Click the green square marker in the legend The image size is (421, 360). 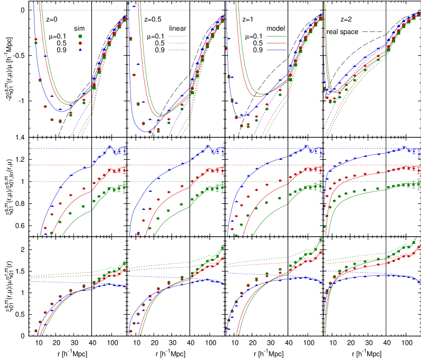click(x=80, y=36)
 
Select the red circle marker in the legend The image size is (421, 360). click(x=80, y=43)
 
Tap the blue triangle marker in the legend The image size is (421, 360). click(x=80, y=50)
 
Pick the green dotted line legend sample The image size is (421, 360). click(x=178, y=37)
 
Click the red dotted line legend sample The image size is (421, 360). click(x=178, y=43)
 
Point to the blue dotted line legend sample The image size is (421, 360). click(x=178, y=50)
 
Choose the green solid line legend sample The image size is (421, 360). click(x=276, y=37)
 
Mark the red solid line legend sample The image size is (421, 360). click(x=276, y=43)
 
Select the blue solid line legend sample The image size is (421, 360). click(x=276, y=50)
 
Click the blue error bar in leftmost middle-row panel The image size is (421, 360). click(x=124, y=151)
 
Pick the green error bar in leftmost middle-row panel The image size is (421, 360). click(x=124, y=188)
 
